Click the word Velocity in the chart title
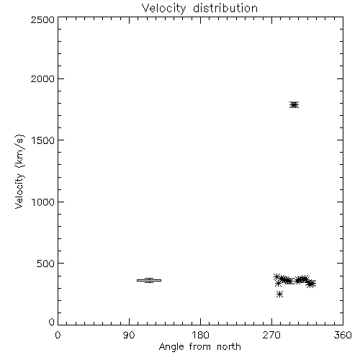164,9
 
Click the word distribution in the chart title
225,8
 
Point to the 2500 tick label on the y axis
42,19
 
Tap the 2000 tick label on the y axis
42,78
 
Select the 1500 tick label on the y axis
43,140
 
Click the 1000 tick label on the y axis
43,202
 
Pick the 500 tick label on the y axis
46,264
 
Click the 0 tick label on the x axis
58,335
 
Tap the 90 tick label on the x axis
129,335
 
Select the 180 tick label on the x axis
200,335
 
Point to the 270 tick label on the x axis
271,335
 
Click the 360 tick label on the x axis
343,335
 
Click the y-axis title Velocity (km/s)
19,172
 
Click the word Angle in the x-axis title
171,348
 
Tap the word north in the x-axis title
229,347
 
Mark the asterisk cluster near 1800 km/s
294,105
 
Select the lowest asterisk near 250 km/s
279,294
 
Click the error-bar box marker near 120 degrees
149,280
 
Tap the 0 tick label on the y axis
52,322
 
